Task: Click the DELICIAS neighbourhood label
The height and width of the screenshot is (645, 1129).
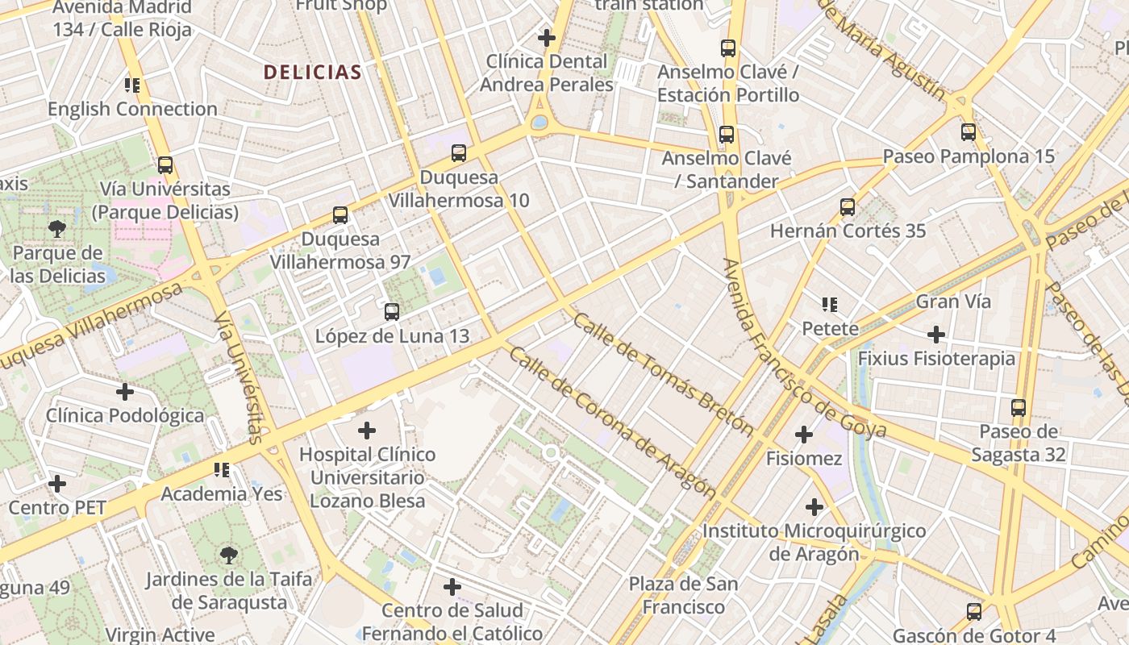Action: point(312,72)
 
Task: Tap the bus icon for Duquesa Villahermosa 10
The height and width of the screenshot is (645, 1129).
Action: point(459,152)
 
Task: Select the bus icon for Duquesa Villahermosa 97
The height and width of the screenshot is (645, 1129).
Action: point(340,215)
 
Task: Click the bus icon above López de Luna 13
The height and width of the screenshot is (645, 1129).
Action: point(392,311)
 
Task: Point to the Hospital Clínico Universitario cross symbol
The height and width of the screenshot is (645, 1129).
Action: point(367,431)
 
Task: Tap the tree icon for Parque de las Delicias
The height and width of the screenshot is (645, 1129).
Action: point(57,229)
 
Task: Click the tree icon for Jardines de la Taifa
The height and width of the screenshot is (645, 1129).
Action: point(229,555)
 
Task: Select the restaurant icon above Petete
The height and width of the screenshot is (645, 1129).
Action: point(830,305)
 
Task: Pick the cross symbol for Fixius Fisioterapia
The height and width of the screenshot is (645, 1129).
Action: point(936,334)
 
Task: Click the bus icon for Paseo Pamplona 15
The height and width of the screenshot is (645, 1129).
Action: point(969,131)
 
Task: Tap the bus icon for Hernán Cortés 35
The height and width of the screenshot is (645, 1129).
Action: point(848,206)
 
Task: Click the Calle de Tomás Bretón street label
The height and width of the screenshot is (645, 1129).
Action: point(663,375)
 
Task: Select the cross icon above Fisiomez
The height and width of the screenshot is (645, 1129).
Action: point(804,435)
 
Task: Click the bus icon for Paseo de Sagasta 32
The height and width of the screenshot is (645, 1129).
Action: point(1019,408)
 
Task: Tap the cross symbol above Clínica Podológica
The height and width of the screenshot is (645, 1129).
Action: point(125,392)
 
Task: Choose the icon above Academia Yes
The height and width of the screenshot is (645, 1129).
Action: point(222,469)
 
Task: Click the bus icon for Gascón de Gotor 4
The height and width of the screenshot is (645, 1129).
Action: point(974,612)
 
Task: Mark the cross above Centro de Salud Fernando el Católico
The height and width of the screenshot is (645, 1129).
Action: point(452,586)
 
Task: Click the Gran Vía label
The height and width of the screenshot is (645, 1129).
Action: point(952,302)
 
